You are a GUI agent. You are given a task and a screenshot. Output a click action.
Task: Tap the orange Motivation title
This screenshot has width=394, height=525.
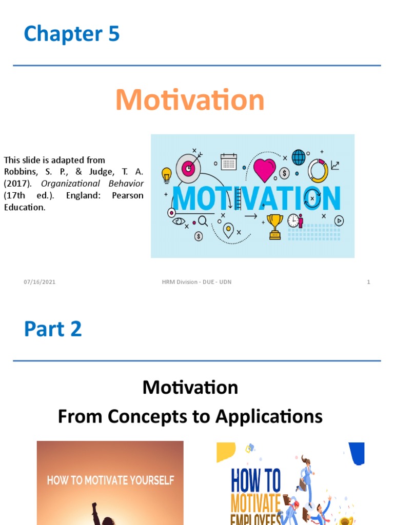coord(190,100)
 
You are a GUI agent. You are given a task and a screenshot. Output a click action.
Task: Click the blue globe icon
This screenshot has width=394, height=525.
coord(299,157)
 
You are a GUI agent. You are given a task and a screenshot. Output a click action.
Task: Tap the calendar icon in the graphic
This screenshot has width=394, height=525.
coord(228,162)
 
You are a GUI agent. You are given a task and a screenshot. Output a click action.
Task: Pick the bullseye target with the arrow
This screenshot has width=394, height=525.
coord(188,168)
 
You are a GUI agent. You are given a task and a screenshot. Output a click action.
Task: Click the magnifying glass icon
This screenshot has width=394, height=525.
coord(203,221)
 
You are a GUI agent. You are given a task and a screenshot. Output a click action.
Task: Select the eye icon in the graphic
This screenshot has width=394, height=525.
coord(179,221)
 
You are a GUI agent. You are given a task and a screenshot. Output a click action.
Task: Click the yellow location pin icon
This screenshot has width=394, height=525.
coord(228,229)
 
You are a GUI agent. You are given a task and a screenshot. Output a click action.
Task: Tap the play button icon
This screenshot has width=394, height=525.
coord(339,220)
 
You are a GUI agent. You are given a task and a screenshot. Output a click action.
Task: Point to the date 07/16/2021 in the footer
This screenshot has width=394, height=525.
coord(40,282)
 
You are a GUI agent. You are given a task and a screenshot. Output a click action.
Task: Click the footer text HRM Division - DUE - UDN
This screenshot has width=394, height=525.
coord(193,282)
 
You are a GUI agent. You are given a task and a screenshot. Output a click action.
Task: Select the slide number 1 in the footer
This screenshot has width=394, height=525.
coord(368,282)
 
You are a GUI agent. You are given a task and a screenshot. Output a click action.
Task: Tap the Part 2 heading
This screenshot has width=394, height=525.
coord(53,329)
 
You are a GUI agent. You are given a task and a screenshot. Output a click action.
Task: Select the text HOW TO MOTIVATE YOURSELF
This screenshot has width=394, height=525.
coord(110,480)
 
